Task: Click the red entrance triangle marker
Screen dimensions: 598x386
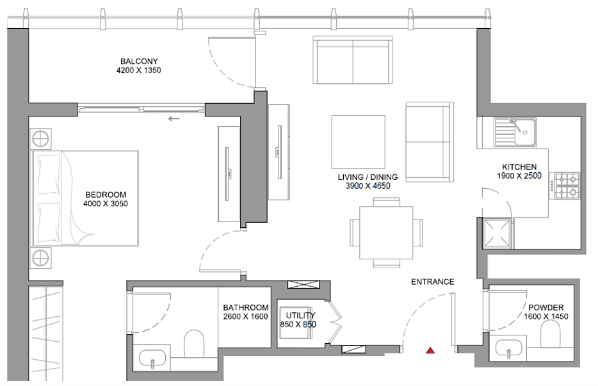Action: coord(430,350)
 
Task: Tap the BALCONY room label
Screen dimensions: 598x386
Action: coord(139,61)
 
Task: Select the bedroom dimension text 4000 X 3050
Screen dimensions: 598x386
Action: coord(105,204)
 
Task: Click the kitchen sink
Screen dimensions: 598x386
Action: coord(515,132)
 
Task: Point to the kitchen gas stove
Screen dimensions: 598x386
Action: coord(565,186)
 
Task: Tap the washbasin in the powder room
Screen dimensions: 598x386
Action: coord(508,350)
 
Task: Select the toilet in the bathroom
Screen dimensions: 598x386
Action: coord(194,344)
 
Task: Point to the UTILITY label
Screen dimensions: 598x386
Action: coord(300,316)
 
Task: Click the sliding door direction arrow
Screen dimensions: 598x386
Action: coord(174,118)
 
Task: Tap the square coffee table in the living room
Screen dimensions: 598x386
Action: coord(358,142)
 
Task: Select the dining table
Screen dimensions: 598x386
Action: coord(386,232)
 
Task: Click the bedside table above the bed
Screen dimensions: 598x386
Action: coord(41,138)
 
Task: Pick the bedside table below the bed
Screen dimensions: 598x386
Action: coord(41,258)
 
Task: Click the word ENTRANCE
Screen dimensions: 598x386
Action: coord(432,282)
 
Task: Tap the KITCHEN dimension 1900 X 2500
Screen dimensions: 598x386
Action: coord(519,175)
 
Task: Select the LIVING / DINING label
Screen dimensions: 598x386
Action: coord(368,177)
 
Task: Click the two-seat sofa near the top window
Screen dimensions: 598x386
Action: coord(353,60)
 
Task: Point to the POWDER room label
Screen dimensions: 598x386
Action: coord(545,307)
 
